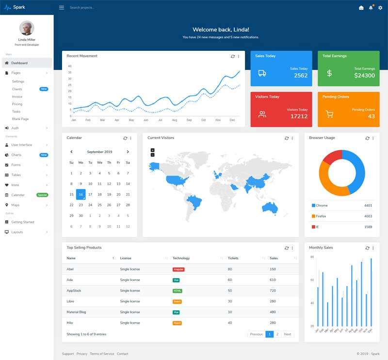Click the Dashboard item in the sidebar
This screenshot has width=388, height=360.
[19, 63]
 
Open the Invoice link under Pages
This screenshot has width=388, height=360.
[17, 96]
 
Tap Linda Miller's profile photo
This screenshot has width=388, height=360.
[27, 28]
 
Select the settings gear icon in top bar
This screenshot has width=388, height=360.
[380, 8]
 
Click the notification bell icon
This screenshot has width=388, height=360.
[371, 8]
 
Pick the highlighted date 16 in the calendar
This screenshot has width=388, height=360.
[81, 194]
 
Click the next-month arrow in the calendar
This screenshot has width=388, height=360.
[128, 152]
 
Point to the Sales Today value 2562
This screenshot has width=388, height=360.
[301, 76]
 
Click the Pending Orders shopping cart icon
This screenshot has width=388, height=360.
[329, 114]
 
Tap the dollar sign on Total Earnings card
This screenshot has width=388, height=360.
[329, 73]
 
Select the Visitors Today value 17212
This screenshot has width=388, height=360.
[299, 116]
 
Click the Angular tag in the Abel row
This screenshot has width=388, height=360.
[178, 269]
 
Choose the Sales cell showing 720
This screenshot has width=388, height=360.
[273, 290]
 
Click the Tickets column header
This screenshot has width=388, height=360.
[233, 258]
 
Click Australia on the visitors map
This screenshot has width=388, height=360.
[269, 207]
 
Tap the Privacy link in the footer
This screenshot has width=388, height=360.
[82, 354]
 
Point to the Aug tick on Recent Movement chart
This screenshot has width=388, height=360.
[175, 120]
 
